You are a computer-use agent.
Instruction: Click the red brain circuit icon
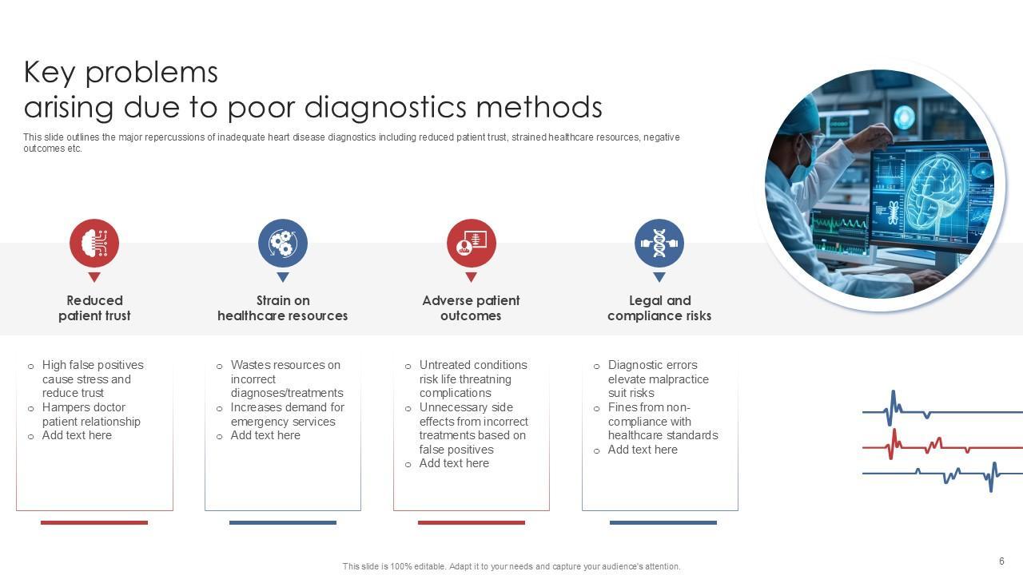[94, 243]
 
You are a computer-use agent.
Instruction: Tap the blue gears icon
[283, 243]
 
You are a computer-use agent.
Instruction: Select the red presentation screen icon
[471, 243]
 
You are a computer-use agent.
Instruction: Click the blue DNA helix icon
[659, 243]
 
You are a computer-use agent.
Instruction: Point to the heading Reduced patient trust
[94, 308]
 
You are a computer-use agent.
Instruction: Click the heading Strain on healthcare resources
[283, 308]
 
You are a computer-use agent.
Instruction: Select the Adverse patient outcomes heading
[471, 308]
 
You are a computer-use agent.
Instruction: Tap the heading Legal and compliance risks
[659, 308]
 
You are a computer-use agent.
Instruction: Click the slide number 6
[1001, 561]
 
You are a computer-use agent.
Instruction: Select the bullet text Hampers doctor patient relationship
[91, 414]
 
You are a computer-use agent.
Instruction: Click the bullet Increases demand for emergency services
[287, 414]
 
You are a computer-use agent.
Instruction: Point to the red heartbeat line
[943, 446]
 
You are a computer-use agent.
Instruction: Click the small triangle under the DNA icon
[659, 277]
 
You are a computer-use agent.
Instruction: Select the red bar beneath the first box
[94, 523]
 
